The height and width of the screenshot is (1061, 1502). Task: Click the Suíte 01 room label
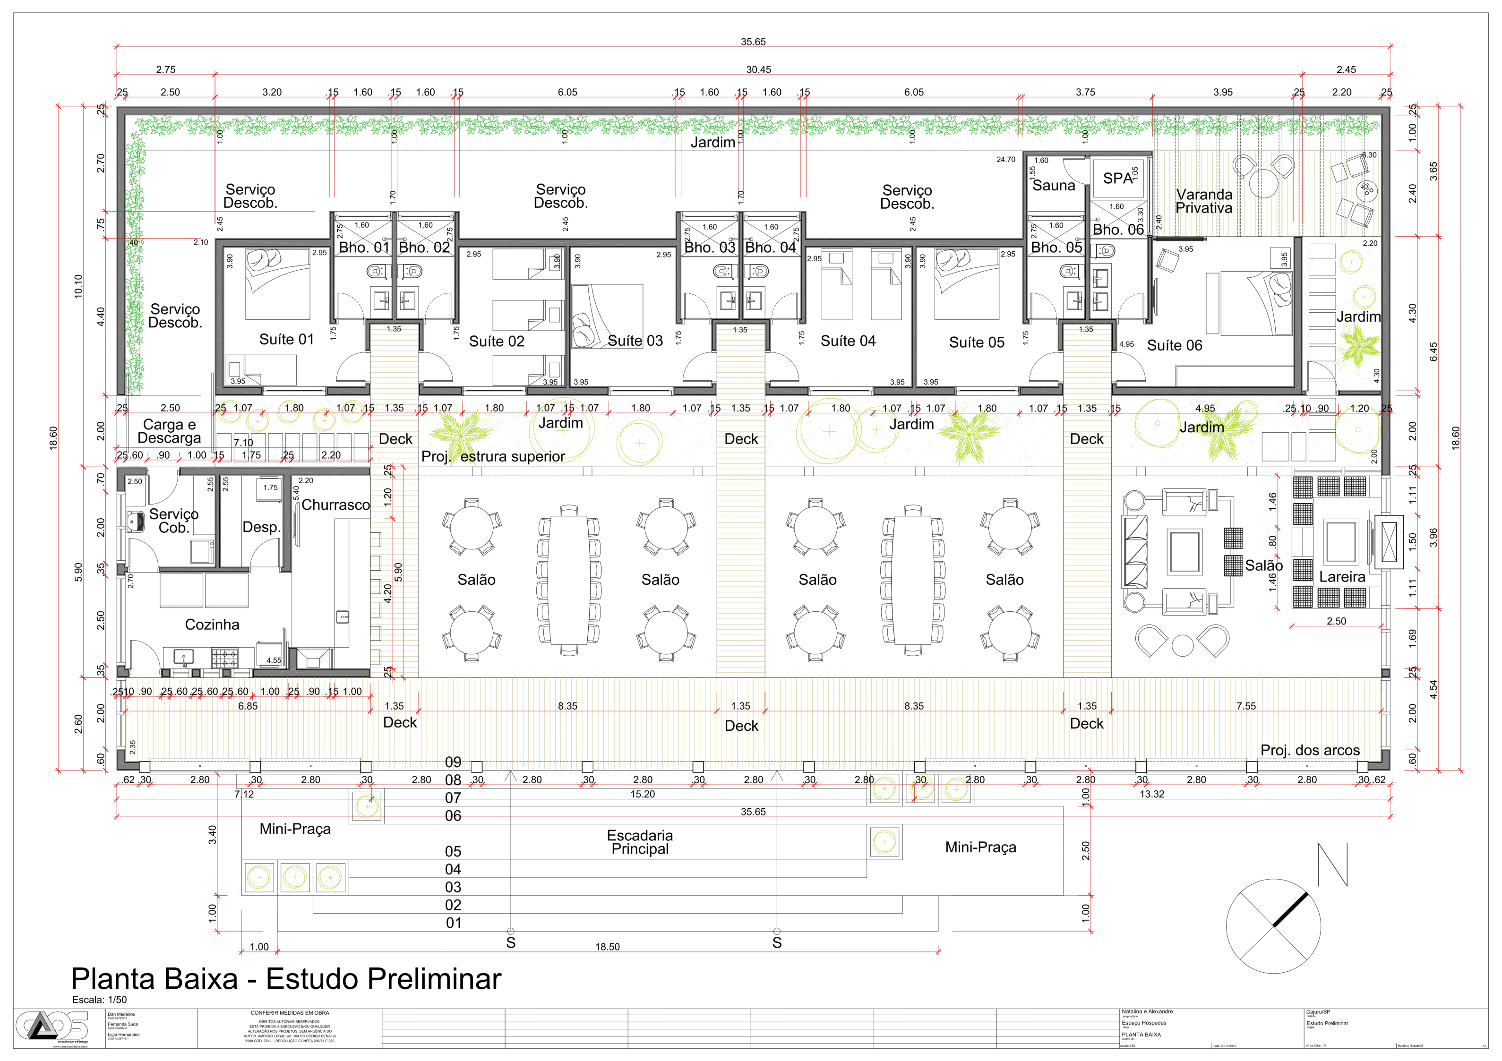[x=286, y=340]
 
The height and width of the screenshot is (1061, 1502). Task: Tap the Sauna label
[x=1053, y=186]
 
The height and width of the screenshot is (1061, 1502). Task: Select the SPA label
[x=1117, y=179]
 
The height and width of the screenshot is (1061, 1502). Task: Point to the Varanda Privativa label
[x=1204, y=201]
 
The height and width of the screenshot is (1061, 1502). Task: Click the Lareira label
[x=1342, y=577]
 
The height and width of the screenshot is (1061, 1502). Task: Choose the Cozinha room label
[x=212, y=625]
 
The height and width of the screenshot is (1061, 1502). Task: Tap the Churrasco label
[x=335, y=505]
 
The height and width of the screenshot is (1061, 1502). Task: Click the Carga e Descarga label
[x=170, y=431]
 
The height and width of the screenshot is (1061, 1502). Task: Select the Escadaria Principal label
[x=640, y=842]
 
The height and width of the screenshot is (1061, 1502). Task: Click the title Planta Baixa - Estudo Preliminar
[x=286, y=979]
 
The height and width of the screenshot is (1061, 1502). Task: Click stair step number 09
[x=454, y=762]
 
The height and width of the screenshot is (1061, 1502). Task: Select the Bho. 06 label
[x=1118, y=230]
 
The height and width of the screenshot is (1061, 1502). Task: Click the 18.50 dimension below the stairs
[x=607, y=947]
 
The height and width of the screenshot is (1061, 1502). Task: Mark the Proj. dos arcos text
[x=1310, y=750]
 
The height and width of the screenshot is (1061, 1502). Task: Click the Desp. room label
[x=261, y=527]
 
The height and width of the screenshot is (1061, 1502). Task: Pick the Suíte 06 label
[x=1174, y=345]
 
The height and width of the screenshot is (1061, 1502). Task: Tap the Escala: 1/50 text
[x=99, y=1000]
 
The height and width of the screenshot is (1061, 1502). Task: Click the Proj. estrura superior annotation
[x=493, y=457]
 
